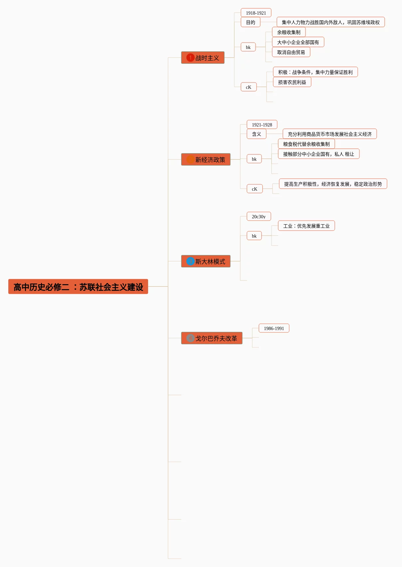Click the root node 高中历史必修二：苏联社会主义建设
78,286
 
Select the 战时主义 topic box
203,58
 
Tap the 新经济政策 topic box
206,159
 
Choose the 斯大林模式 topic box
206,261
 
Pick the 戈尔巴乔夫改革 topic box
212,338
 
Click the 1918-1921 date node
256,13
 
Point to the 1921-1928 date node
262,124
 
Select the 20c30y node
259,216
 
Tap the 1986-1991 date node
274,328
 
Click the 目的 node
251,22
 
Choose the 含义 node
257,134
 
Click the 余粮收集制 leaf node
289,32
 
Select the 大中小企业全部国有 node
298,42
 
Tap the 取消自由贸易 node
291,52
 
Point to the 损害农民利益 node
292,82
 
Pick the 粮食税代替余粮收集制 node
306,144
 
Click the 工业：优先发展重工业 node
306,226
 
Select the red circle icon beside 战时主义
190,58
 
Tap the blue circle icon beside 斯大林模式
190,261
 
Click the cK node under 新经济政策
255,189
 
